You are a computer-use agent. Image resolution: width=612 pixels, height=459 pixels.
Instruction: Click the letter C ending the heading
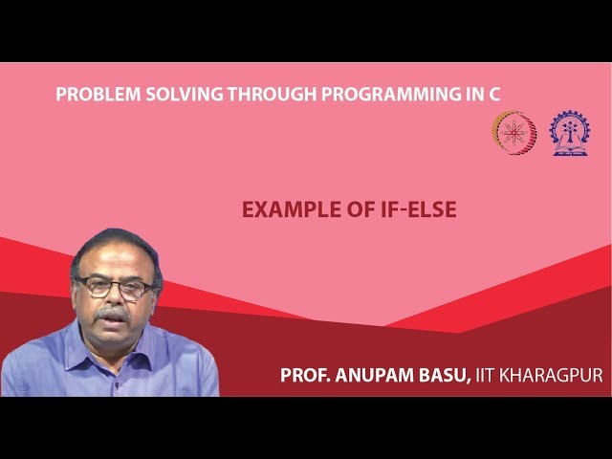coord(494,94)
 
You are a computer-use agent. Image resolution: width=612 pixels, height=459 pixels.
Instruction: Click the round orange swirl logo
coord(514,133)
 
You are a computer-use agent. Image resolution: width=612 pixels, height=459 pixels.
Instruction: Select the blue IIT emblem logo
coord(569,133)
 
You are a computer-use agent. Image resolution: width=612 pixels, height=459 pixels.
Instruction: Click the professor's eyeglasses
coord(116,286)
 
